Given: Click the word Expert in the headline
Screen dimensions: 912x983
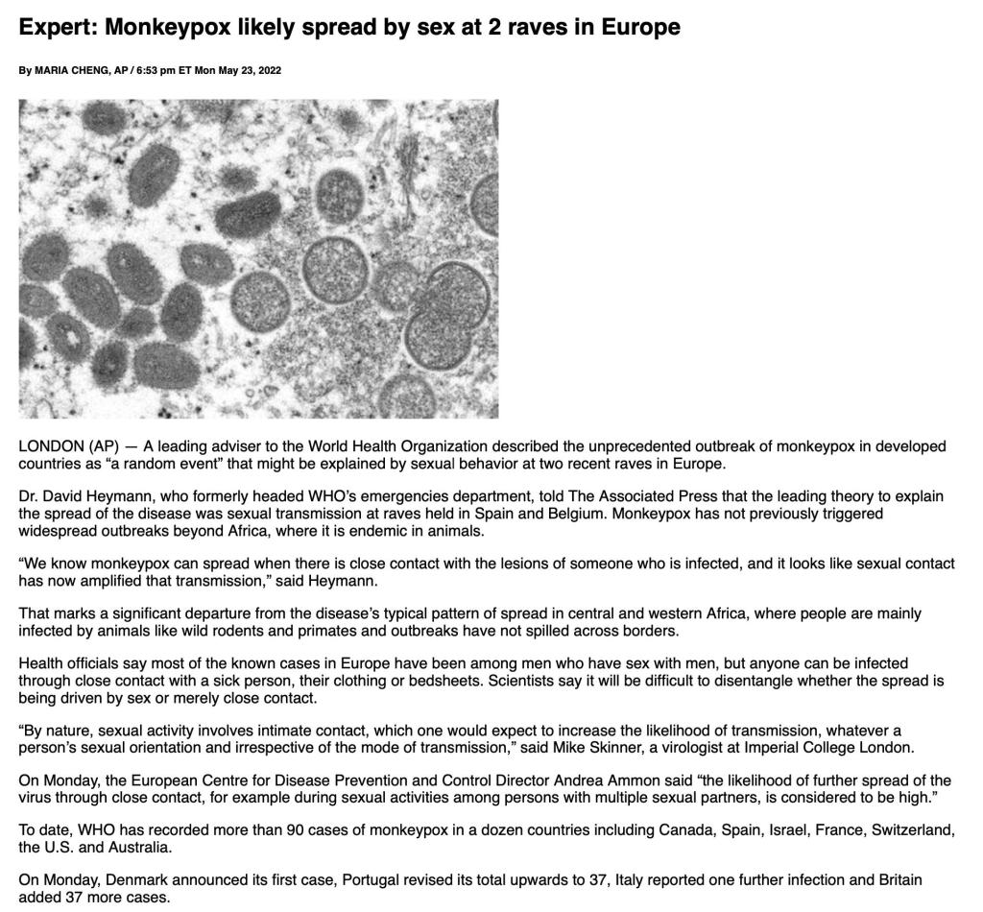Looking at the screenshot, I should pyautogui.click(x=58, y=27).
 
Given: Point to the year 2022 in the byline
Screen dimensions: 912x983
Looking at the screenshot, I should pyautogui.click(x=269, y=70).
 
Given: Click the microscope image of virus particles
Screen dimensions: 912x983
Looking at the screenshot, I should pyautogui.click(x=258, y=258).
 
